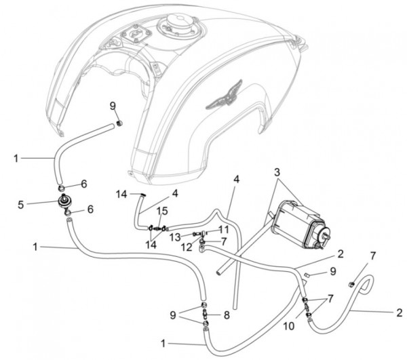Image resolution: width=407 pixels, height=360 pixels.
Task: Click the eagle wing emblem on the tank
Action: click(225, 96)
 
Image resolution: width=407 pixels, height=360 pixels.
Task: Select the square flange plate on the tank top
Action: click(136, 34)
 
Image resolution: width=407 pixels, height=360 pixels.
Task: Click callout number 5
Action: click(21, 205)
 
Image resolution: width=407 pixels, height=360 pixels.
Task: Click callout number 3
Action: click(277, 172)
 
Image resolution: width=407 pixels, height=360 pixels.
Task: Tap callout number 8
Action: click(227, 315)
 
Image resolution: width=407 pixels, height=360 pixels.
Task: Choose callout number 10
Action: click(289, 326)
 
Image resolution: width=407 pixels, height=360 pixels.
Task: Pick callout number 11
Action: click(223, 230)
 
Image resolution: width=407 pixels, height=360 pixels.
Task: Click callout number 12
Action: click(187, 247)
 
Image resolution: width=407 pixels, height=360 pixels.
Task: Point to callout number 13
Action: click(176, 237)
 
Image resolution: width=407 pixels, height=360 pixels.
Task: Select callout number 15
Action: click(162, 211)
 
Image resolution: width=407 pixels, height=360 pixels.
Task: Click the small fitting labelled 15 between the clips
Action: click(157, 228)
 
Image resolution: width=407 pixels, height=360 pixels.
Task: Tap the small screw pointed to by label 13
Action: click(195, 234)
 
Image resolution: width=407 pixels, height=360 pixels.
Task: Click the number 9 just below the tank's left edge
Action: click(113, 106)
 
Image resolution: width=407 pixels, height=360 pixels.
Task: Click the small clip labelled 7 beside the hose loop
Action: click(351, 285)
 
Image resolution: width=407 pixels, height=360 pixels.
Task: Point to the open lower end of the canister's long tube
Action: click(218, 273)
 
